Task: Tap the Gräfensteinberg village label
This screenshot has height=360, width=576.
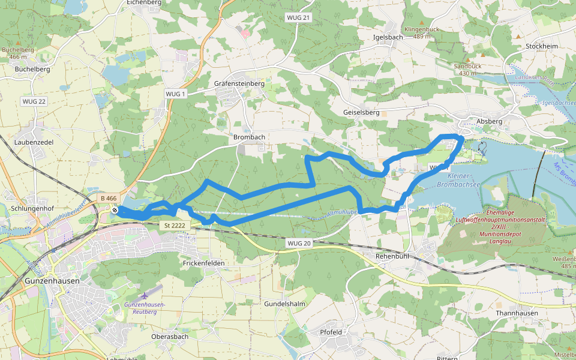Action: pyautogui.click(x=239, y=84)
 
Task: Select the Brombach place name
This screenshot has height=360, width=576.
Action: pyautogui.click(x=249, y=137)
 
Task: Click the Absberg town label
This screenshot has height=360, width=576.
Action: pyautogui.click(x=488, y=121)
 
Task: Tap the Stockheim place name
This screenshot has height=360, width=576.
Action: pyautogui.click(x=541, y=46)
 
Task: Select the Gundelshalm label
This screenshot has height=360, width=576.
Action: pyautogui.click(x=285, y=304)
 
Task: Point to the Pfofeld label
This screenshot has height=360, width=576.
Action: pyautogui.click(x=331, y=332)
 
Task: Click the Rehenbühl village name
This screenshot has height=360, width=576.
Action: pyautogui.click(x=391, y=256)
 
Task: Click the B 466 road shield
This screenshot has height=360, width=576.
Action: pyautogui.click(x=109, y=198)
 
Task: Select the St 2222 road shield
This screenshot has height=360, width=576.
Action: pyautogui.click(x=173, y=226)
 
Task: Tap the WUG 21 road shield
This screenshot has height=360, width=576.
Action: pyautogui.click(x=298, y=17)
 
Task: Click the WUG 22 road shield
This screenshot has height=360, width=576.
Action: pyautogui.click(x=34, y=101)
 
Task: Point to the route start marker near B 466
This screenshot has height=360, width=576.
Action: pyautogui.click(x=115, y=210)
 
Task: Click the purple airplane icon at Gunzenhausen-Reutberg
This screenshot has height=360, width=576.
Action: pyautogui.click(x=146, y=296)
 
